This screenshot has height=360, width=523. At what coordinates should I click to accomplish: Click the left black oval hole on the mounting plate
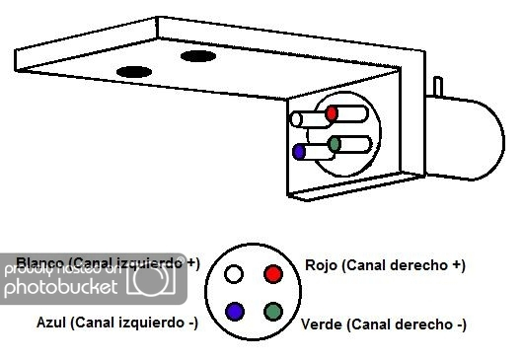point(134,72)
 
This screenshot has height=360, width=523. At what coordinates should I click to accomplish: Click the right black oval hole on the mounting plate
point(197,56)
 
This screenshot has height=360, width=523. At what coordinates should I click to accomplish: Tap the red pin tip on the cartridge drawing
point(335,111)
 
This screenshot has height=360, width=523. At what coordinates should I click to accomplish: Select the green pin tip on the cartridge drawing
point(335,144)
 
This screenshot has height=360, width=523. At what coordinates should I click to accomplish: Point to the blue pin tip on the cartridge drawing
point(299,152)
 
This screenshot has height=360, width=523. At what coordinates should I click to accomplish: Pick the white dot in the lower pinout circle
point(234,273)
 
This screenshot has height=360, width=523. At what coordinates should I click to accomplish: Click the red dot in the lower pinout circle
point(273,273)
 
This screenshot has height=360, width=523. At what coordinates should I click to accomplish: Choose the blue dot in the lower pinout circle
point(235,311)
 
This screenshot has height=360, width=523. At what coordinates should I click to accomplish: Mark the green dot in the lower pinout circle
point(273,311)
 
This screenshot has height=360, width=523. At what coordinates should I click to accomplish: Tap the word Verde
point(321,324)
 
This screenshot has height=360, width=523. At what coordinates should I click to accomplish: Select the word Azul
point(51,322)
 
